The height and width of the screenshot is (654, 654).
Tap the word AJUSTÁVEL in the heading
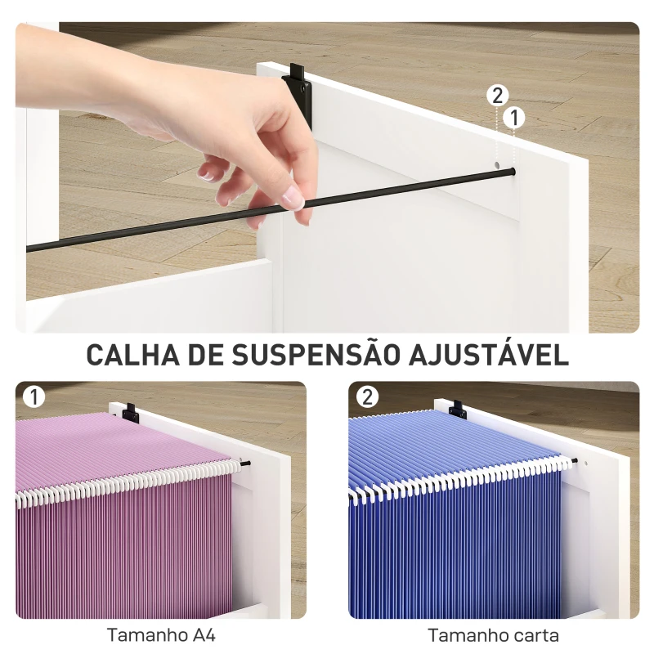486,355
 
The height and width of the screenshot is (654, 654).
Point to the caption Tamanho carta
493,634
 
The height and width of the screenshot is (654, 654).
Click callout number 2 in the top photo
497,96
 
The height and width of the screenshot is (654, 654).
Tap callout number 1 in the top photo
514,118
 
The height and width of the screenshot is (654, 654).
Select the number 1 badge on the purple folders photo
34,397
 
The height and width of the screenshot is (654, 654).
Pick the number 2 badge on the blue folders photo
368,397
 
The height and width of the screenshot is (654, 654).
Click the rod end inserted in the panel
512,172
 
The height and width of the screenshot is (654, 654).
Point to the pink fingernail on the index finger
292,197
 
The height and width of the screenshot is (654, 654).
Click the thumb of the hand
208,171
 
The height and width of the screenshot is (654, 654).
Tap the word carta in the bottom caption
535,634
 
